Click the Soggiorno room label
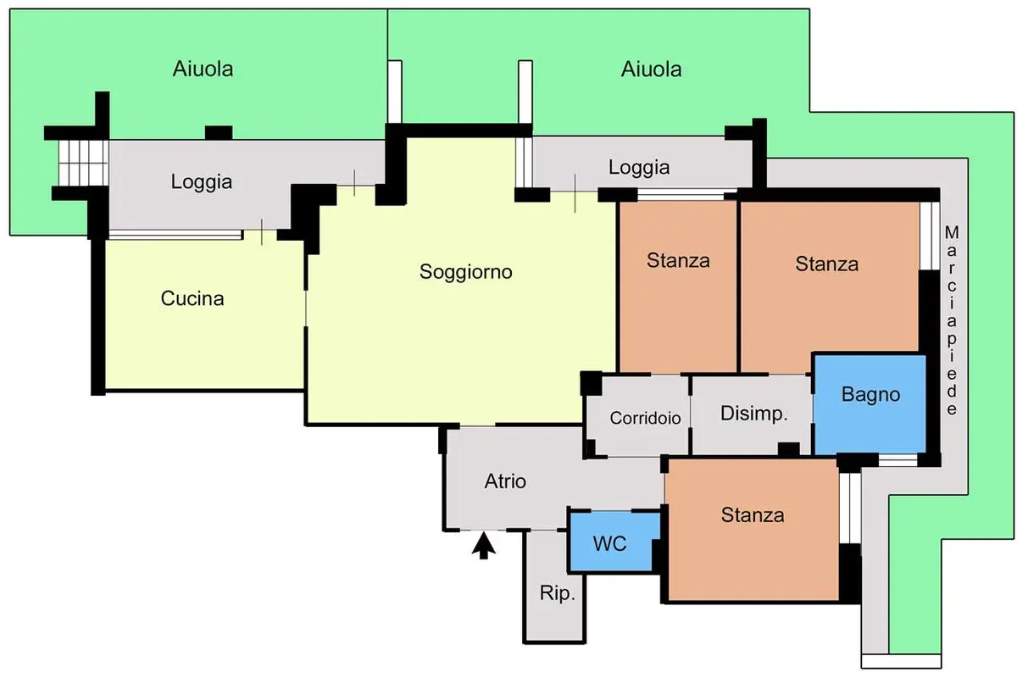[x=466, y=272]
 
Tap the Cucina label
[x=192, y=298]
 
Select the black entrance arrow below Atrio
[x=484, y=546]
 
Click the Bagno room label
[x=871, y=394]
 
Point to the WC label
[x=609, y=543]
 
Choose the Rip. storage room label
[x=558, y=593]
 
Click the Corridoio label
[x=645, y=419]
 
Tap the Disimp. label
[x=754, y=414]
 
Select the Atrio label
[x=505, y=481]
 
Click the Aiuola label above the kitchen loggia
[x=203, y=69]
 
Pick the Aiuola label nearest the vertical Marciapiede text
[x=652, y=69]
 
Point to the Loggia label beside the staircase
[x=202, y=182]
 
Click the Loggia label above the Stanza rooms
[x=639, y=168]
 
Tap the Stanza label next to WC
[x=753, y=515]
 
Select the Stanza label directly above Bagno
[x=827, y=264]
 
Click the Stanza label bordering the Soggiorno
[x=678, y=260]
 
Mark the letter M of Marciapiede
[x=952, y=232]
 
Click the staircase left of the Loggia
[x=84, y=163]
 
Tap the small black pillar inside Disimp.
[x=789, y=448]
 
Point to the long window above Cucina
[x=175, y=235]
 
